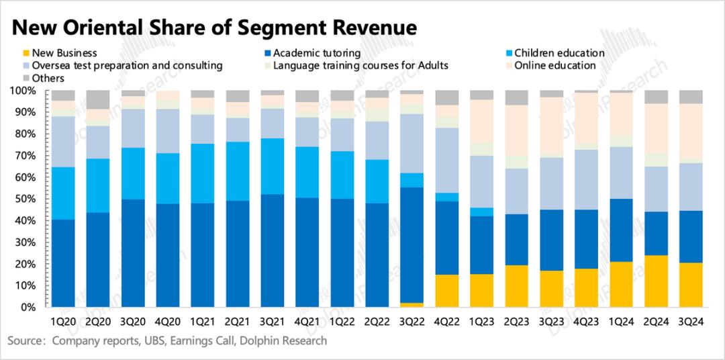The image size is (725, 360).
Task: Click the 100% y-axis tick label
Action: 29,91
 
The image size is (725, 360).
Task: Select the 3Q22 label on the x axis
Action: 412,321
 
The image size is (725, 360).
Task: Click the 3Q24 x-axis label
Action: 691,321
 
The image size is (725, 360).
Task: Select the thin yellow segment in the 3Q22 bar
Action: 412,305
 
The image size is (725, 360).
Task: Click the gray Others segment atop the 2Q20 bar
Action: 98,99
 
